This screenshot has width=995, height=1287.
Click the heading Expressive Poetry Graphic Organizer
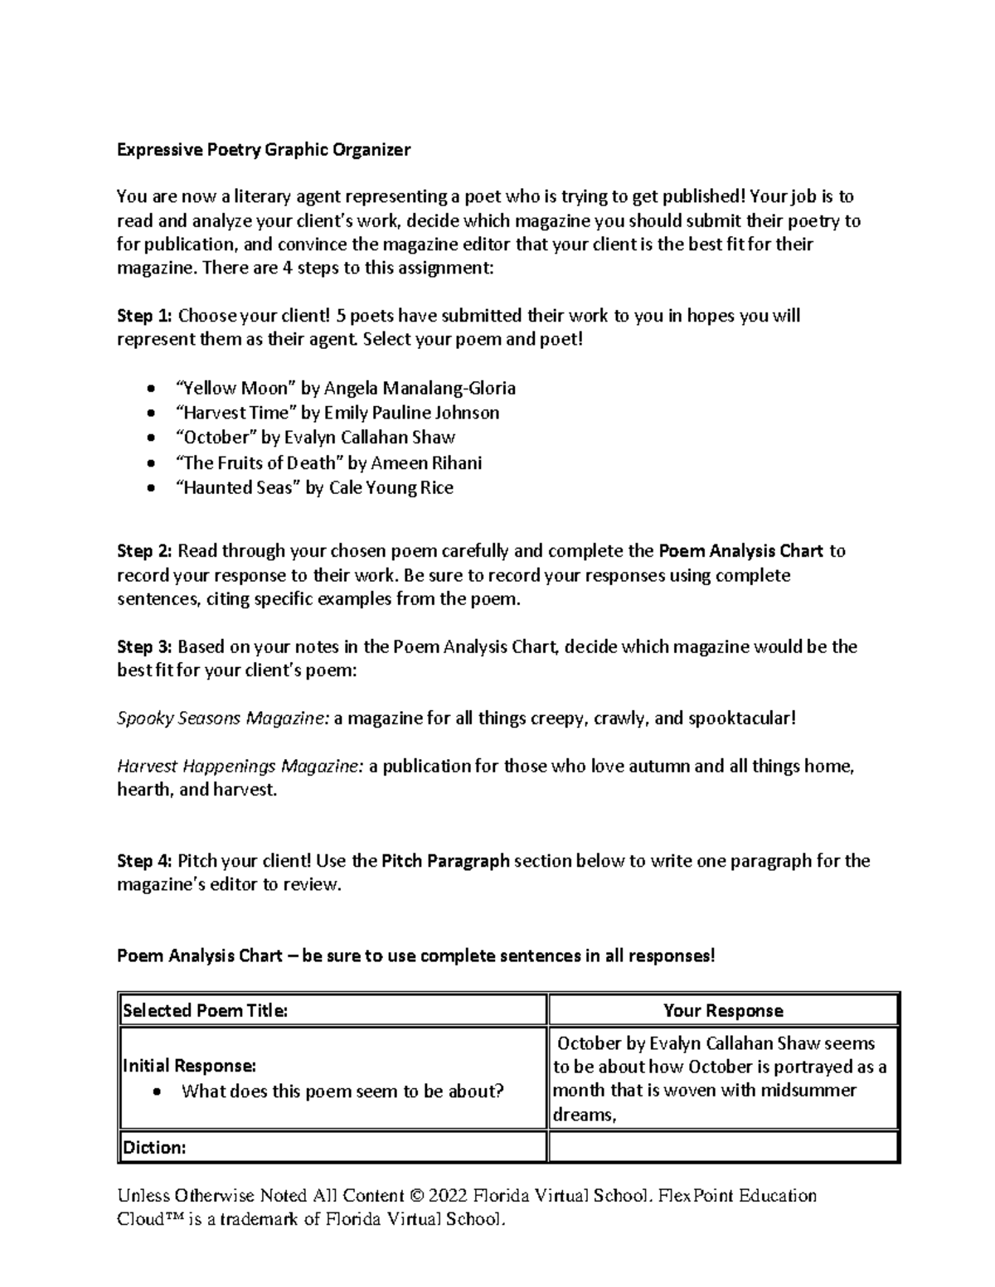point(264,150)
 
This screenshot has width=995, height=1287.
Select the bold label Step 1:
point(145,316)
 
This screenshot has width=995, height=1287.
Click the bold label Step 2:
point(145,551)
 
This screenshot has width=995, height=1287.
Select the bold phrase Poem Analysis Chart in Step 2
point(740,551)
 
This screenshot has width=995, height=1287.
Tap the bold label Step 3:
point(145,646)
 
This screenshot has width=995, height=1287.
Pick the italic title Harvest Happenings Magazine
point(240,766)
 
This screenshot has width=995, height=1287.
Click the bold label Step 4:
point(145,861)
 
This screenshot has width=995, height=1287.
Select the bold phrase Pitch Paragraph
point(445,861)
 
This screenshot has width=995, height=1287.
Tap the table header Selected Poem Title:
point(206,1010)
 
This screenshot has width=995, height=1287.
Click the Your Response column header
point(723,1010)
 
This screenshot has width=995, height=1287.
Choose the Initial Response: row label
point(189,1066)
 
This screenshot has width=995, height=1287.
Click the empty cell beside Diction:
point(723,1148)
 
